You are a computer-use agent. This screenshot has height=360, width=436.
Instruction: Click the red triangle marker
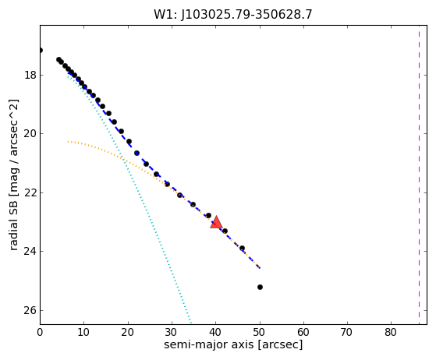coord(216,222)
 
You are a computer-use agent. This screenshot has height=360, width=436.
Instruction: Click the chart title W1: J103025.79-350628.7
coord(233,15)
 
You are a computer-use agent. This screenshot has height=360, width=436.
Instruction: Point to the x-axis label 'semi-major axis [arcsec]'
coord(233,344)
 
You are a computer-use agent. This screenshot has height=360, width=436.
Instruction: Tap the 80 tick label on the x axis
coord(391,332)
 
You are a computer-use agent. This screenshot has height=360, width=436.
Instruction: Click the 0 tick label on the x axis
coord(40,332)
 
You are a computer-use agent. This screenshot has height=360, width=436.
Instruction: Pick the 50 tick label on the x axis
coord(259,332)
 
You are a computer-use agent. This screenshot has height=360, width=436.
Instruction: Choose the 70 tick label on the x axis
coord(347,332)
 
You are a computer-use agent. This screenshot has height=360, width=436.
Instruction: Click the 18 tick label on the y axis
coord(30,75)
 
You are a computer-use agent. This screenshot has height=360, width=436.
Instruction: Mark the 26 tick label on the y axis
coord(30,310)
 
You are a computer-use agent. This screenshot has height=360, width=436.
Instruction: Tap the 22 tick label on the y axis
coord(30,192)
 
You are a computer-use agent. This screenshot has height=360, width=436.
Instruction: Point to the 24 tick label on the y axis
coord(30,251)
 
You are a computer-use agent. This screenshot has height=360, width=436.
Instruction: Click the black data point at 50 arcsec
coord(260,287)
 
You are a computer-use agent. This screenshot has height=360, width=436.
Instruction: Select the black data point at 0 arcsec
coord(40,51)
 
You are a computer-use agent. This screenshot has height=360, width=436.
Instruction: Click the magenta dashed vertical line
coord(419,175)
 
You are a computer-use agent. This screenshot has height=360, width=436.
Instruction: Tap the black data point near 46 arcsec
coord(242,248)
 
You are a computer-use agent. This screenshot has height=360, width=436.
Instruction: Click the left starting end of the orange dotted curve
coord(68,142)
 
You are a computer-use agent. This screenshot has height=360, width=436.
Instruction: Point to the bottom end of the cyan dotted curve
coord(191,323)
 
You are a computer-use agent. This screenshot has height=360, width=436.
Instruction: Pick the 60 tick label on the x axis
coord(303,332)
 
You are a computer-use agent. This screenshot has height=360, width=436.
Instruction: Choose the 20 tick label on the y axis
coord(30,133)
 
